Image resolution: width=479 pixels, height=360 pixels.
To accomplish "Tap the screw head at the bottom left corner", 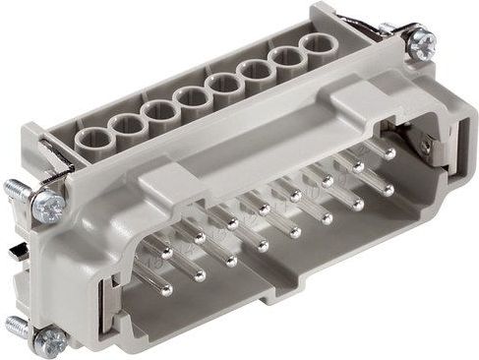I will [x=49, y=339].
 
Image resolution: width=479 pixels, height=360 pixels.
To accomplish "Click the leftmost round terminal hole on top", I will [x=92, y=139].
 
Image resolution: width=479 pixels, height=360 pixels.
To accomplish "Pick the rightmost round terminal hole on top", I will [x=316, y=45].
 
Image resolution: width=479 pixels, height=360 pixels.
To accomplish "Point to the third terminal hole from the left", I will [x=157, y=111].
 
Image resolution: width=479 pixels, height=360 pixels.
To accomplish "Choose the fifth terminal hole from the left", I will [x=224, y=84].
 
